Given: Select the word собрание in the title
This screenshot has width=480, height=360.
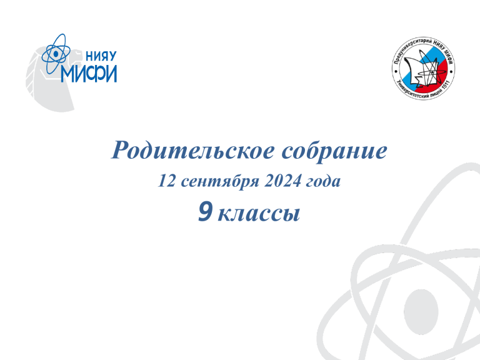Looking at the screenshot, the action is (x=334, y=151).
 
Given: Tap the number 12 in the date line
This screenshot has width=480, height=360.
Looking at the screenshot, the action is (x=166, y=181).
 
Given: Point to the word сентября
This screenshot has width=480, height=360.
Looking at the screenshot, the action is (x=220, y=181).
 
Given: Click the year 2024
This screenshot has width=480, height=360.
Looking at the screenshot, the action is (x=282, y=181).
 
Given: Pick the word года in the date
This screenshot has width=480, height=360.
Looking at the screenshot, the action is (x=323, y=181).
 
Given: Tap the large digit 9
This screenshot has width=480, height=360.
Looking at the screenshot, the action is (x=205, y=211).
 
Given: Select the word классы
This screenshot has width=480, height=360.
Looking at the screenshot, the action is (x=259, y=214).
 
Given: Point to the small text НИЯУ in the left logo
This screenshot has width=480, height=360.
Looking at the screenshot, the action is (x=101, y=56).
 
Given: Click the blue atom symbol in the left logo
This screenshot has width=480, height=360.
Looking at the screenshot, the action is (x=56, y=54).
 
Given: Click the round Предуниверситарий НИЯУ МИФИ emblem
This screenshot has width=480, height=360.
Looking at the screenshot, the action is (x=423, y=69).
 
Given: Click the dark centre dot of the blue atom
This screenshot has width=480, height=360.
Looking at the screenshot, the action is (x=56, y=54).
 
